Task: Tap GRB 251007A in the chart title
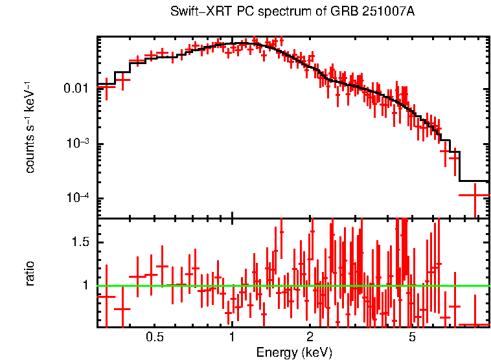tap(363, 12)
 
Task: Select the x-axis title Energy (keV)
tap(294, 352)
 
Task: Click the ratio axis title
tap(30, 273)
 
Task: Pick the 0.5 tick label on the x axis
tap(154, 338)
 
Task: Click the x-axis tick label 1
tap(232, 338)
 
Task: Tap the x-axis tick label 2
tap(310, 338)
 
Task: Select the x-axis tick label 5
tap(413, 338)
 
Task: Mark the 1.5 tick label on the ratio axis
tap(80, 242)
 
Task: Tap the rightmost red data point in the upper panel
tap(474, 194)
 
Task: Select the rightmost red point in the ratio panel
tap(474, 324)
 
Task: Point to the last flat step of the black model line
tap(474, 181)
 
